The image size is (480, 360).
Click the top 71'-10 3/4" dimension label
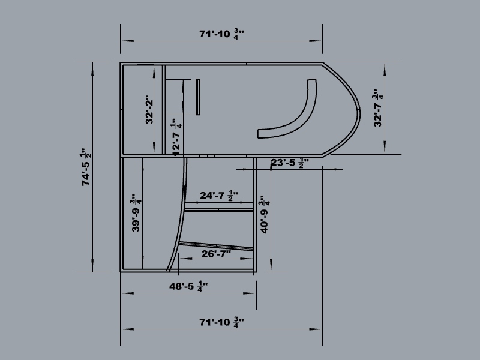pyautogui.click(x=221, y=34)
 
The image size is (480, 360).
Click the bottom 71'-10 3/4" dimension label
pyautogui.click(x=221, y=322)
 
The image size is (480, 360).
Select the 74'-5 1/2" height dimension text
pyautogui.click(x=86, y=167)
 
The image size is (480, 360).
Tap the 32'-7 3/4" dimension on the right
pyautogui.click(x=379, y=108)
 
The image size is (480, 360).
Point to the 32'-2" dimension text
pyautogui.click(x=149, y=110)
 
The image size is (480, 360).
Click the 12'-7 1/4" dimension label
pyautogui.click(x=176, y=137)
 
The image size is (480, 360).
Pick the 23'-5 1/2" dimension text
pyautogui.click(x=290, y=163)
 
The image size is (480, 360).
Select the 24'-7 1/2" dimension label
pyautogui.click(x=219, y=196)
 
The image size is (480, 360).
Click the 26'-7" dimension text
pyautogui.click(x=216, y=254)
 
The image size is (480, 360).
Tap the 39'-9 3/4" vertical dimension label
pyautogui.click(x=136, y=213)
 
